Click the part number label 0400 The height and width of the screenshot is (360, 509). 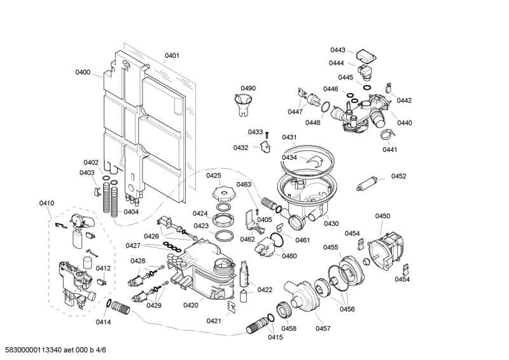tap(83, 73)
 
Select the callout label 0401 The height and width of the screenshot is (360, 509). tap(172, 56)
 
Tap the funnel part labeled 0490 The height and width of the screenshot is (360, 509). tap(242, 103)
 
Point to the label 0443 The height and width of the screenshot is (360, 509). tap(337, 50)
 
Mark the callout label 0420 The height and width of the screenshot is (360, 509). tap(191, 305)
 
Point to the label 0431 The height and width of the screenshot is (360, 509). tap(289, 137)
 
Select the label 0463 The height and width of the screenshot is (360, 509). tap(244, 184)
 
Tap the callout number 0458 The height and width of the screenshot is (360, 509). tap(289, 328)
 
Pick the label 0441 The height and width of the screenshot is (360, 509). tap(389, 149)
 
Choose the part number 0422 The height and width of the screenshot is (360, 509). tap(265, 290)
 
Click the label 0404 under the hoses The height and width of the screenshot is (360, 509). tap(131, 212)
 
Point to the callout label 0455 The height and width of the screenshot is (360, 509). tap(330, 247)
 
